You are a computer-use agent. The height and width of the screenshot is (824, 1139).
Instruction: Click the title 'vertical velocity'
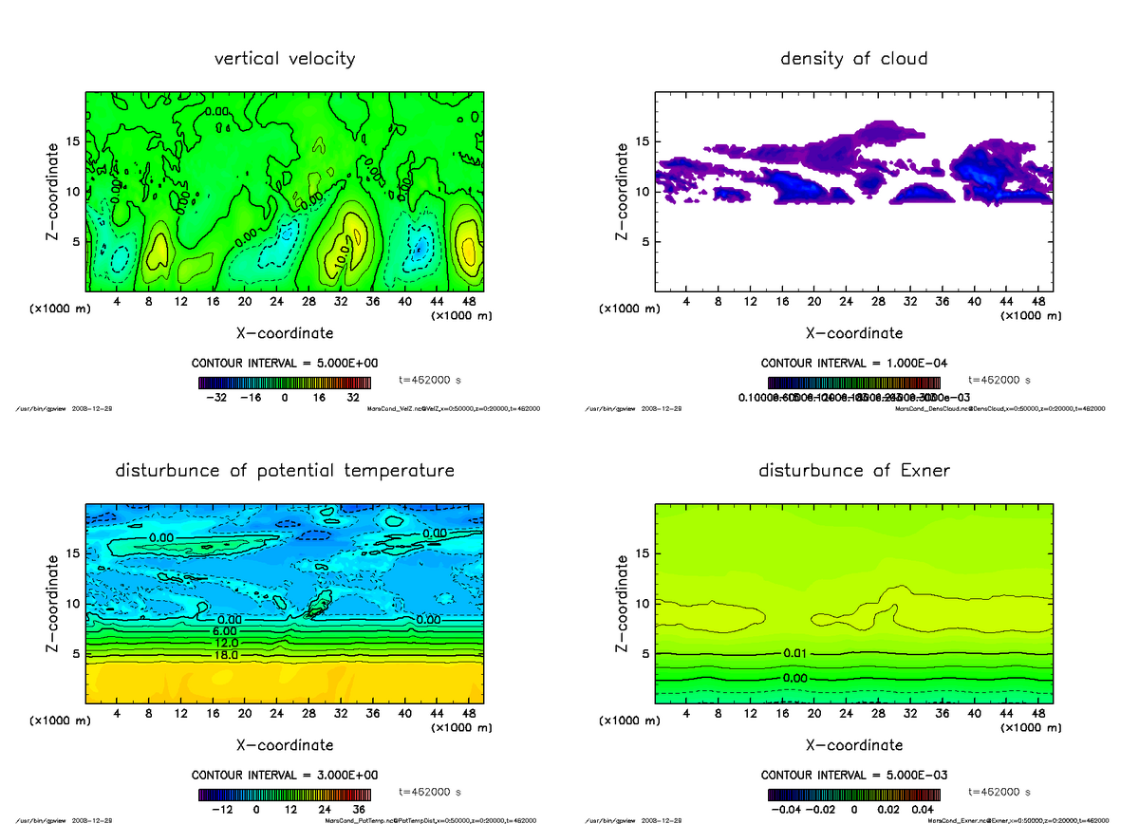285,59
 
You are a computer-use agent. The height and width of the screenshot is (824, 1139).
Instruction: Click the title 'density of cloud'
853,59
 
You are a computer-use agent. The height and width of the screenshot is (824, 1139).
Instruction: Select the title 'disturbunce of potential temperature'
285,471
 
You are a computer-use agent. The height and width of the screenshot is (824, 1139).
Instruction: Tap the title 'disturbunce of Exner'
853,471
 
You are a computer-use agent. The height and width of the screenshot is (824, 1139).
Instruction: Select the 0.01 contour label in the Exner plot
795,654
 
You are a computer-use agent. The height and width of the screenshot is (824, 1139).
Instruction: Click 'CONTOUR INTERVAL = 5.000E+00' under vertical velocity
285,364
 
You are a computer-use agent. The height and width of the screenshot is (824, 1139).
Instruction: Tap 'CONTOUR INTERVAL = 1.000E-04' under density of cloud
853,364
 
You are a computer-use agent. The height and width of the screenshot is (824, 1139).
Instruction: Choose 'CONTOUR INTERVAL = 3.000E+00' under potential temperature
285,775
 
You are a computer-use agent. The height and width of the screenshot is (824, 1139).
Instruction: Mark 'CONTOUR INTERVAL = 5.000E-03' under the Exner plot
853,775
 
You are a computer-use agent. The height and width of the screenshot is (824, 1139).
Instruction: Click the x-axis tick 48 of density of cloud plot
1037,301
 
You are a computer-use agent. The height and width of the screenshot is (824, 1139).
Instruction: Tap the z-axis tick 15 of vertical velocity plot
74,142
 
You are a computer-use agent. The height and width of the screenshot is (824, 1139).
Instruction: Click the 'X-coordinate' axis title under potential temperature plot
285,745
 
